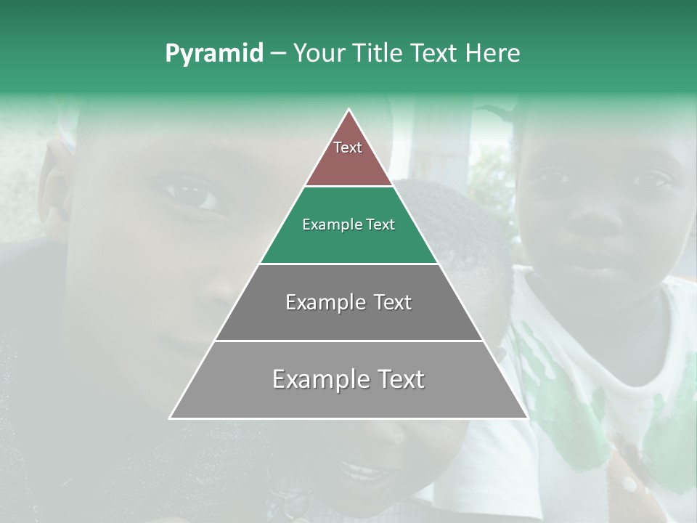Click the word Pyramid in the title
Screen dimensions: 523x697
click(213, 54)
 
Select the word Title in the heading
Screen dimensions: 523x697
click(380, 53)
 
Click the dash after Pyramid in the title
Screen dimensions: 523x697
click(278, 54)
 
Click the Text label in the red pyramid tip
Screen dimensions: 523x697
click(348, 147)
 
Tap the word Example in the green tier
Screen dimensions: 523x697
click(328, 224)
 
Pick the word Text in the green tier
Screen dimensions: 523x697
click(380, 224)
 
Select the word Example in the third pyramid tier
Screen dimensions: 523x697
click(319, 302)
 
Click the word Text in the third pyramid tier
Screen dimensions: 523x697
click(393, 302)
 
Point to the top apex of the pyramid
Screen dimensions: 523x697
click(348, 110)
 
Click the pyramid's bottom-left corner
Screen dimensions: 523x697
click(171, 418)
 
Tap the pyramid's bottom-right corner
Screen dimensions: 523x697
click(526, 418)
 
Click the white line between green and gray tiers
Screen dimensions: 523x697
click(348, 264)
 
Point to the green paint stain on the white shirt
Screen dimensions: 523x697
click(574, 407)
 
